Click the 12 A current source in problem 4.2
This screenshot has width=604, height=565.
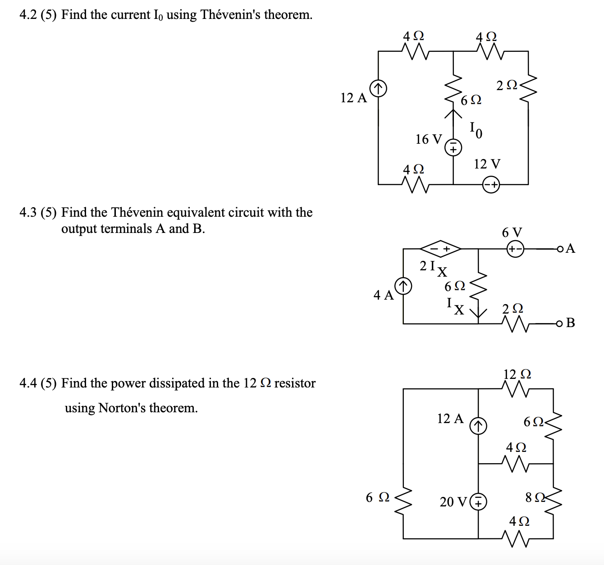(378, 88)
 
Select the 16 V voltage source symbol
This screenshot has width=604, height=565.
(453, 147)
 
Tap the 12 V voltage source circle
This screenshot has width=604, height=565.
(491, 185)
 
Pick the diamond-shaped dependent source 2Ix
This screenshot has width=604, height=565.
(440, 248)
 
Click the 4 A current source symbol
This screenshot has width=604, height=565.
(403, 286)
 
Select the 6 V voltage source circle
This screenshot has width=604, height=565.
(515, 249)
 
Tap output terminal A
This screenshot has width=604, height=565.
(560, 249)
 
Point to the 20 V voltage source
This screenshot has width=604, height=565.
(478, 501)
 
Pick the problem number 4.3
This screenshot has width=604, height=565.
(28, 212)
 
